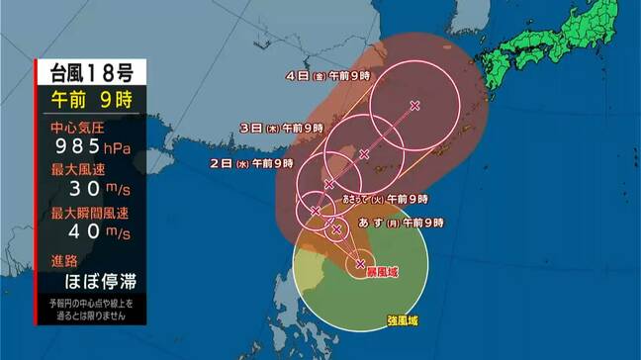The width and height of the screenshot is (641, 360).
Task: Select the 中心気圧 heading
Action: tap(79, 128)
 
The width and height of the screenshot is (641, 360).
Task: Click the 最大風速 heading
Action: tap(79, 171)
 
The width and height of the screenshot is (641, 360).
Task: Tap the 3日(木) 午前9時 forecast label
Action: tap(281, 129)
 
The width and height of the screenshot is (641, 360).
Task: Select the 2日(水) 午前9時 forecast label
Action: tap(252, 162)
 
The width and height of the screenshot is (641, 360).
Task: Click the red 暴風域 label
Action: tap(382, 270)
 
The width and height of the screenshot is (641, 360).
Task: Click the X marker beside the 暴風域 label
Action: tap(360, 262)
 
